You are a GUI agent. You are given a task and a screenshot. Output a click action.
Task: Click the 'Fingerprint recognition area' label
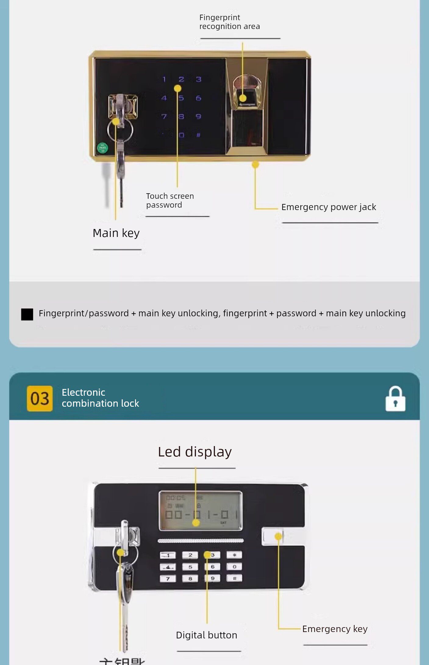(x=229, y=22)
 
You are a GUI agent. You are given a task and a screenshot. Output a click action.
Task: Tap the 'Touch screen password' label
(x=170, y=200)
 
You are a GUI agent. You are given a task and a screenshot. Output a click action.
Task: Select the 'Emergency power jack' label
(x=328, y=207)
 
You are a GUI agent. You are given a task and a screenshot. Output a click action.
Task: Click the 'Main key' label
(x=116, y=233)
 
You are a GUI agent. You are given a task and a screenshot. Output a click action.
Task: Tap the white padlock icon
(x=395, y=399)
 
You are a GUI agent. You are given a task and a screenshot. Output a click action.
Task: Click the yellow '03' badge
(x=40, y=398)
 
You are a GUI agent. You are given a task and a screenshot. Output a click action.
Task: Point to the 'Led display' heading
(x=195, y=452)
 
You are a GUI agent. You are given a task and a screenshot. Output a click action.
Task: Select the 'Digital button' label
(x=206, y=635)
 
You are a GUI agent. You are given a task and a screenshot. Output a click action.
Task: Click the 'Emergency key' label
(x=334, y=629)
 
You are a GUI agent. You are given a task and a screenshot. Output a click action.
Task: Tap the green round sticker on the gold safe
(x=102, y=147)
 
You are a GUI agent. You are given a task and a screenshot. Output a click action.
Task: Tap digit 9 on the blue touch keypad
(x=198, y=116)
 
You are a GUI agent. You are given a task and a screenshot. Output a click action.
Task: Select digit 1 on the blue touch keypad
(x=164, y=79)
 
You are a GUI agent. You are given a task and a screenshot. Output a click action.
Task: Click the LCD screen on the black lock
(x=200, y=511)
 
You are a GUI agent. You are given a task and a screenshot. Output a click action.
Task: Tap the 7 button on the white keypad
(x=168, y=579)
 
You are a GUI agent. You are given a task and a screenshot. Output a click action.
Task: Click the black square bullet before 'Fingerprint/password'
(x=27, y=314)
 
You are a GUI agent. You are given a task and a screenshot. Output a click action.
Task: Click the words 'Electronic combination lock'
(x=100, y=398)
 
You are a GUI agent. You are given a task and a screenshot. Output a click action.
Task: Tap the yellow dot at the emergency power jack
(x=255, y=165)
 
